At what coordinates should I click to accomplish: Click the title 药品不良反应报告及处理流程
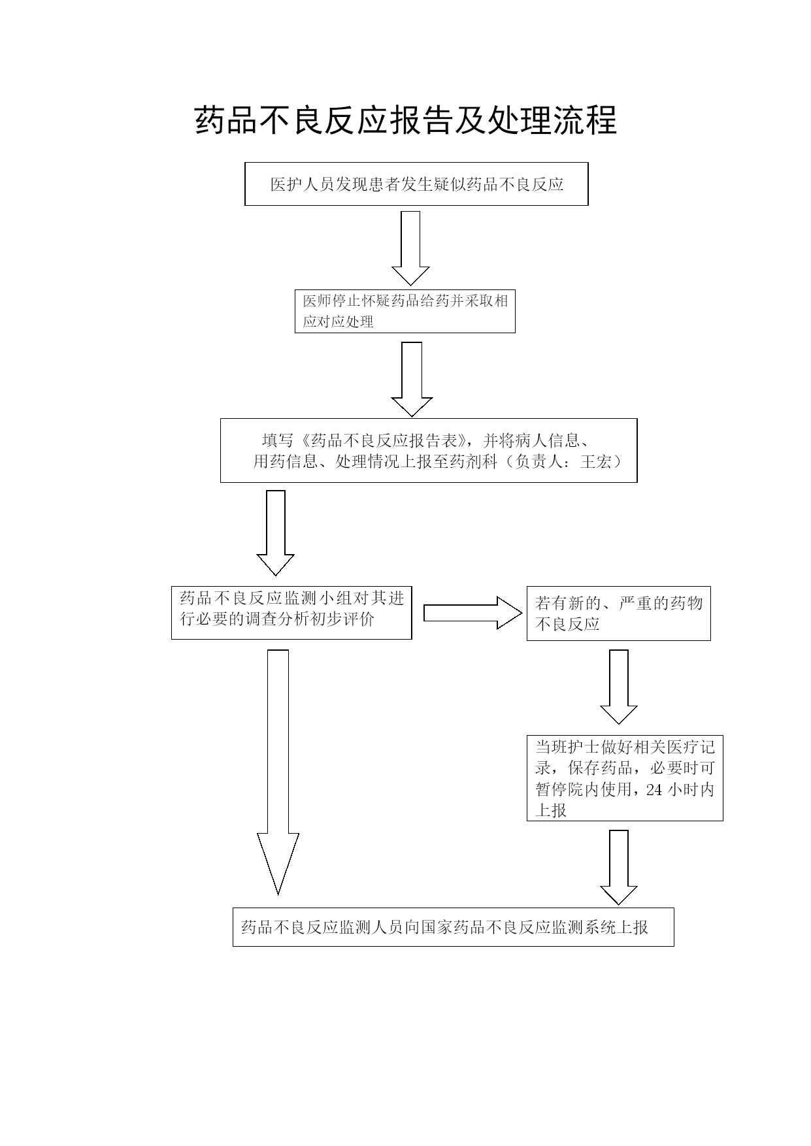[406, 120]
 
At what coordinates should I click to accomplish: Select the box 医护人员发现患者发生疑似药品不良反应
[416, 184]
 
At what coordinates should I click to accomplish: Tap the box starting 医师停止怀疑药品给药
[405, 311]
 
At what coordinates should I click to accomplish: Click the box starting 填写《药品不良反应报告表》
[428, 450]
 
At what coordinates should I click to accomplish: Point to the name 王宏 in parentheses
[595, 461]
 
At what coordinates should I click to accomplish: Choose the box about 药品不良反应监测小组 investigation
[291, 612]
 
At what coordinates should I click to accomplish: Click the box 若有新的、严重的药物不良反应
[618, 613]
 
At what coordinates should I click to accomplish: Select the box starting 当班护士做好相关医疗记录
[625, 778]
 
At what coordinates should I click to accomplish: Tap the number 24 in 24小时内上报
[654, 789]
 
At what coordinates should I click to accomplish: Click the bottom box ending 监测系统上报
[453, 926]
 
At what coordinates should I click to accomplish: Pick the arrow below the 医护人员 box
[410, 248]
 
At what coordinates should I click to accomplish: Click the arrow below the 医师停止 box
[412, 379]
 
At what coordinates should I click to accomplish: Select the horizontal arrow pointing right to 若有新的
[473, 613]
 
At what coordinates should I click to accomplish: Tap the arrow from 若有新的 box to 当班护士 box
[618, 687]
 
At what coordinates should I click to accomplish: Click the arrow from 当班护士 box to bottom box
[618, 867]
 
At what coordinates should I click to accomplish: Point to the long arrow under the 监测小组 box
[278, 772]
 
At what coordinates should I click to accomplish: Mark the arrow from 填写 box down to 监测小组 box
[275, 532]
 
